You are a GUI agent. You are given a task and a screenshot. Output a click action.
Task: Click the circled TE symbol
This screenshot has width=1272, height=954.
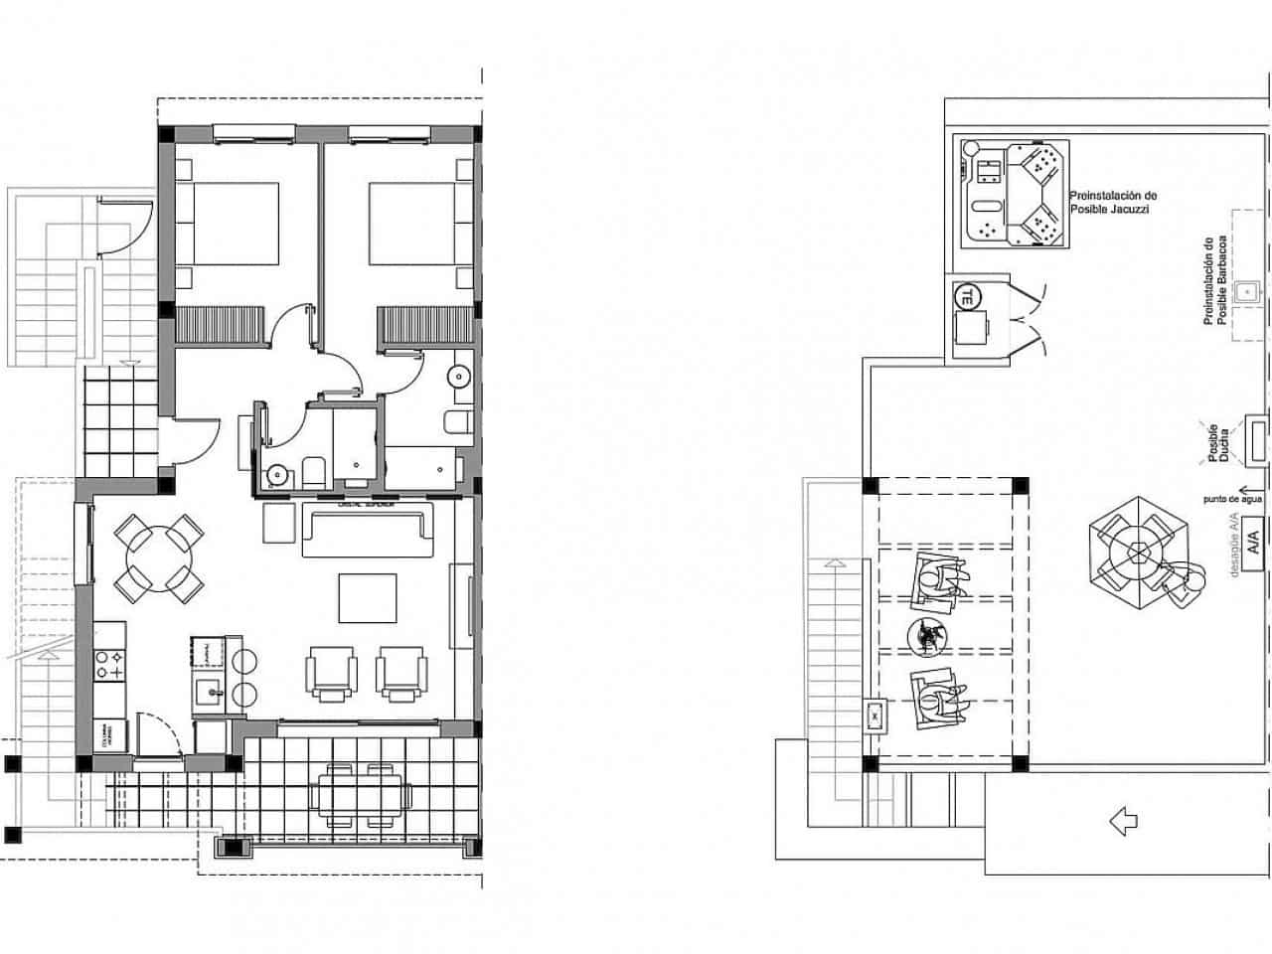tap(965, 295)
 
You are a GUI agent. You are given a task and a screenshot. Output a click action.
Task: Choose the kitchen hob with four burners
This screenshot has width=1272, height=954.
tap(110, 665)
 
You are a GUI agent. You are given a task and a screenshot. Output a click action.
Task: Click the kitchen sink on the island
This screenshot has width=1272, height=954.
tap(209, 690)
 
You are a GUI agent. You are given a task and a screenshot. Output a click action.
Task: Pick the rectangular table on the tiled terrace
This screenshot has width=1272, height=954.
tap(361, 794)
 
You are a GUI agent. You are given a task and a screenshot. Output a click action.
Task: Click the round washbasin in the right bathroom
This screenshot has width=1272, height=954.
tap(459, 377)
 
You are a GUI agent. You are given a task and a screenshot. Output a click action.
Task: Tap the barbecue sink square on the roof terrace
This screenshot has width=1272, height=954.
tap(1246, 292)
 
